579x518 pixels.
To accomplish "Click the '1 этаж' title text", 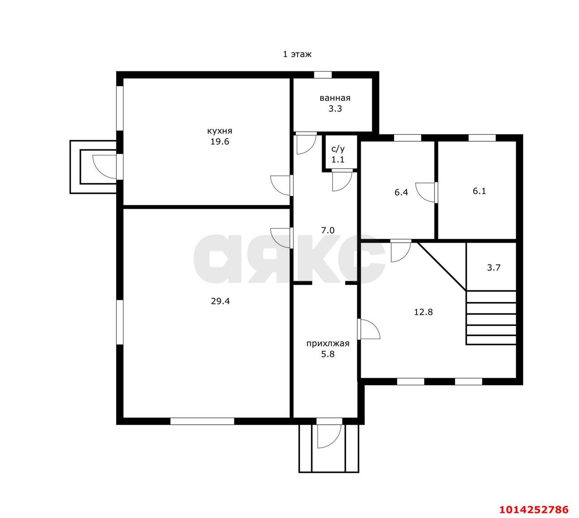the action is point(297,54).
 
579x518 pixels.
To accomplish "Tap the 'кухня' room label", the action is point(219,131).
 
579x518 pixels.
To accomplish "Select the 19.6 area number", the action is point(219,142).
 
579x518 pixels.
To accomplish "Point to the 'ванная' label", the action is point(335,98).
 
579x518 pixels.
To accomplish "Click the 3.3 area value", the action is point(335,109).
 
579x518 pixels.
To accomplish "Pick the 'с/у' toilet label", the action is point(338,149).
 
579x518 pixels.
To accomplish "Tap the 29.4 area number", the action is point(220,301).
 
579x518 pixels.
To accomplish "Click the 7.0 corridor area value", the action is point(327,230).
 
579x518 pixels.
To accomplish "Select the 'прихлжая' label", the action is point(327,344).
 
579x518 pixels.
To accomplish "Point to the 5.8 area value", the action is point(327,354).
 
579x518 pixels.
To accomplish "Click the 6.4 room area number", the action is point(401,192).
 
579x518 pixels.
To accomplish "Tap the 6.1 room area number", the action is point(479,191).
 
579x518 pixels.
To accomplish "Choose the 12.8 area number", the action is point(423,312).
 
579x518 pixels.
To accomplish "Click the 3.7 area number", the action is point(494,268).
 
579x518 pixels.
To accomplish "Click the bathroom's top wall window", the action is point(323,75).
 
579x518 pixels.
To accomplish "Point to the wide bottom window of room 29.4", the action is point(202,421).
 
